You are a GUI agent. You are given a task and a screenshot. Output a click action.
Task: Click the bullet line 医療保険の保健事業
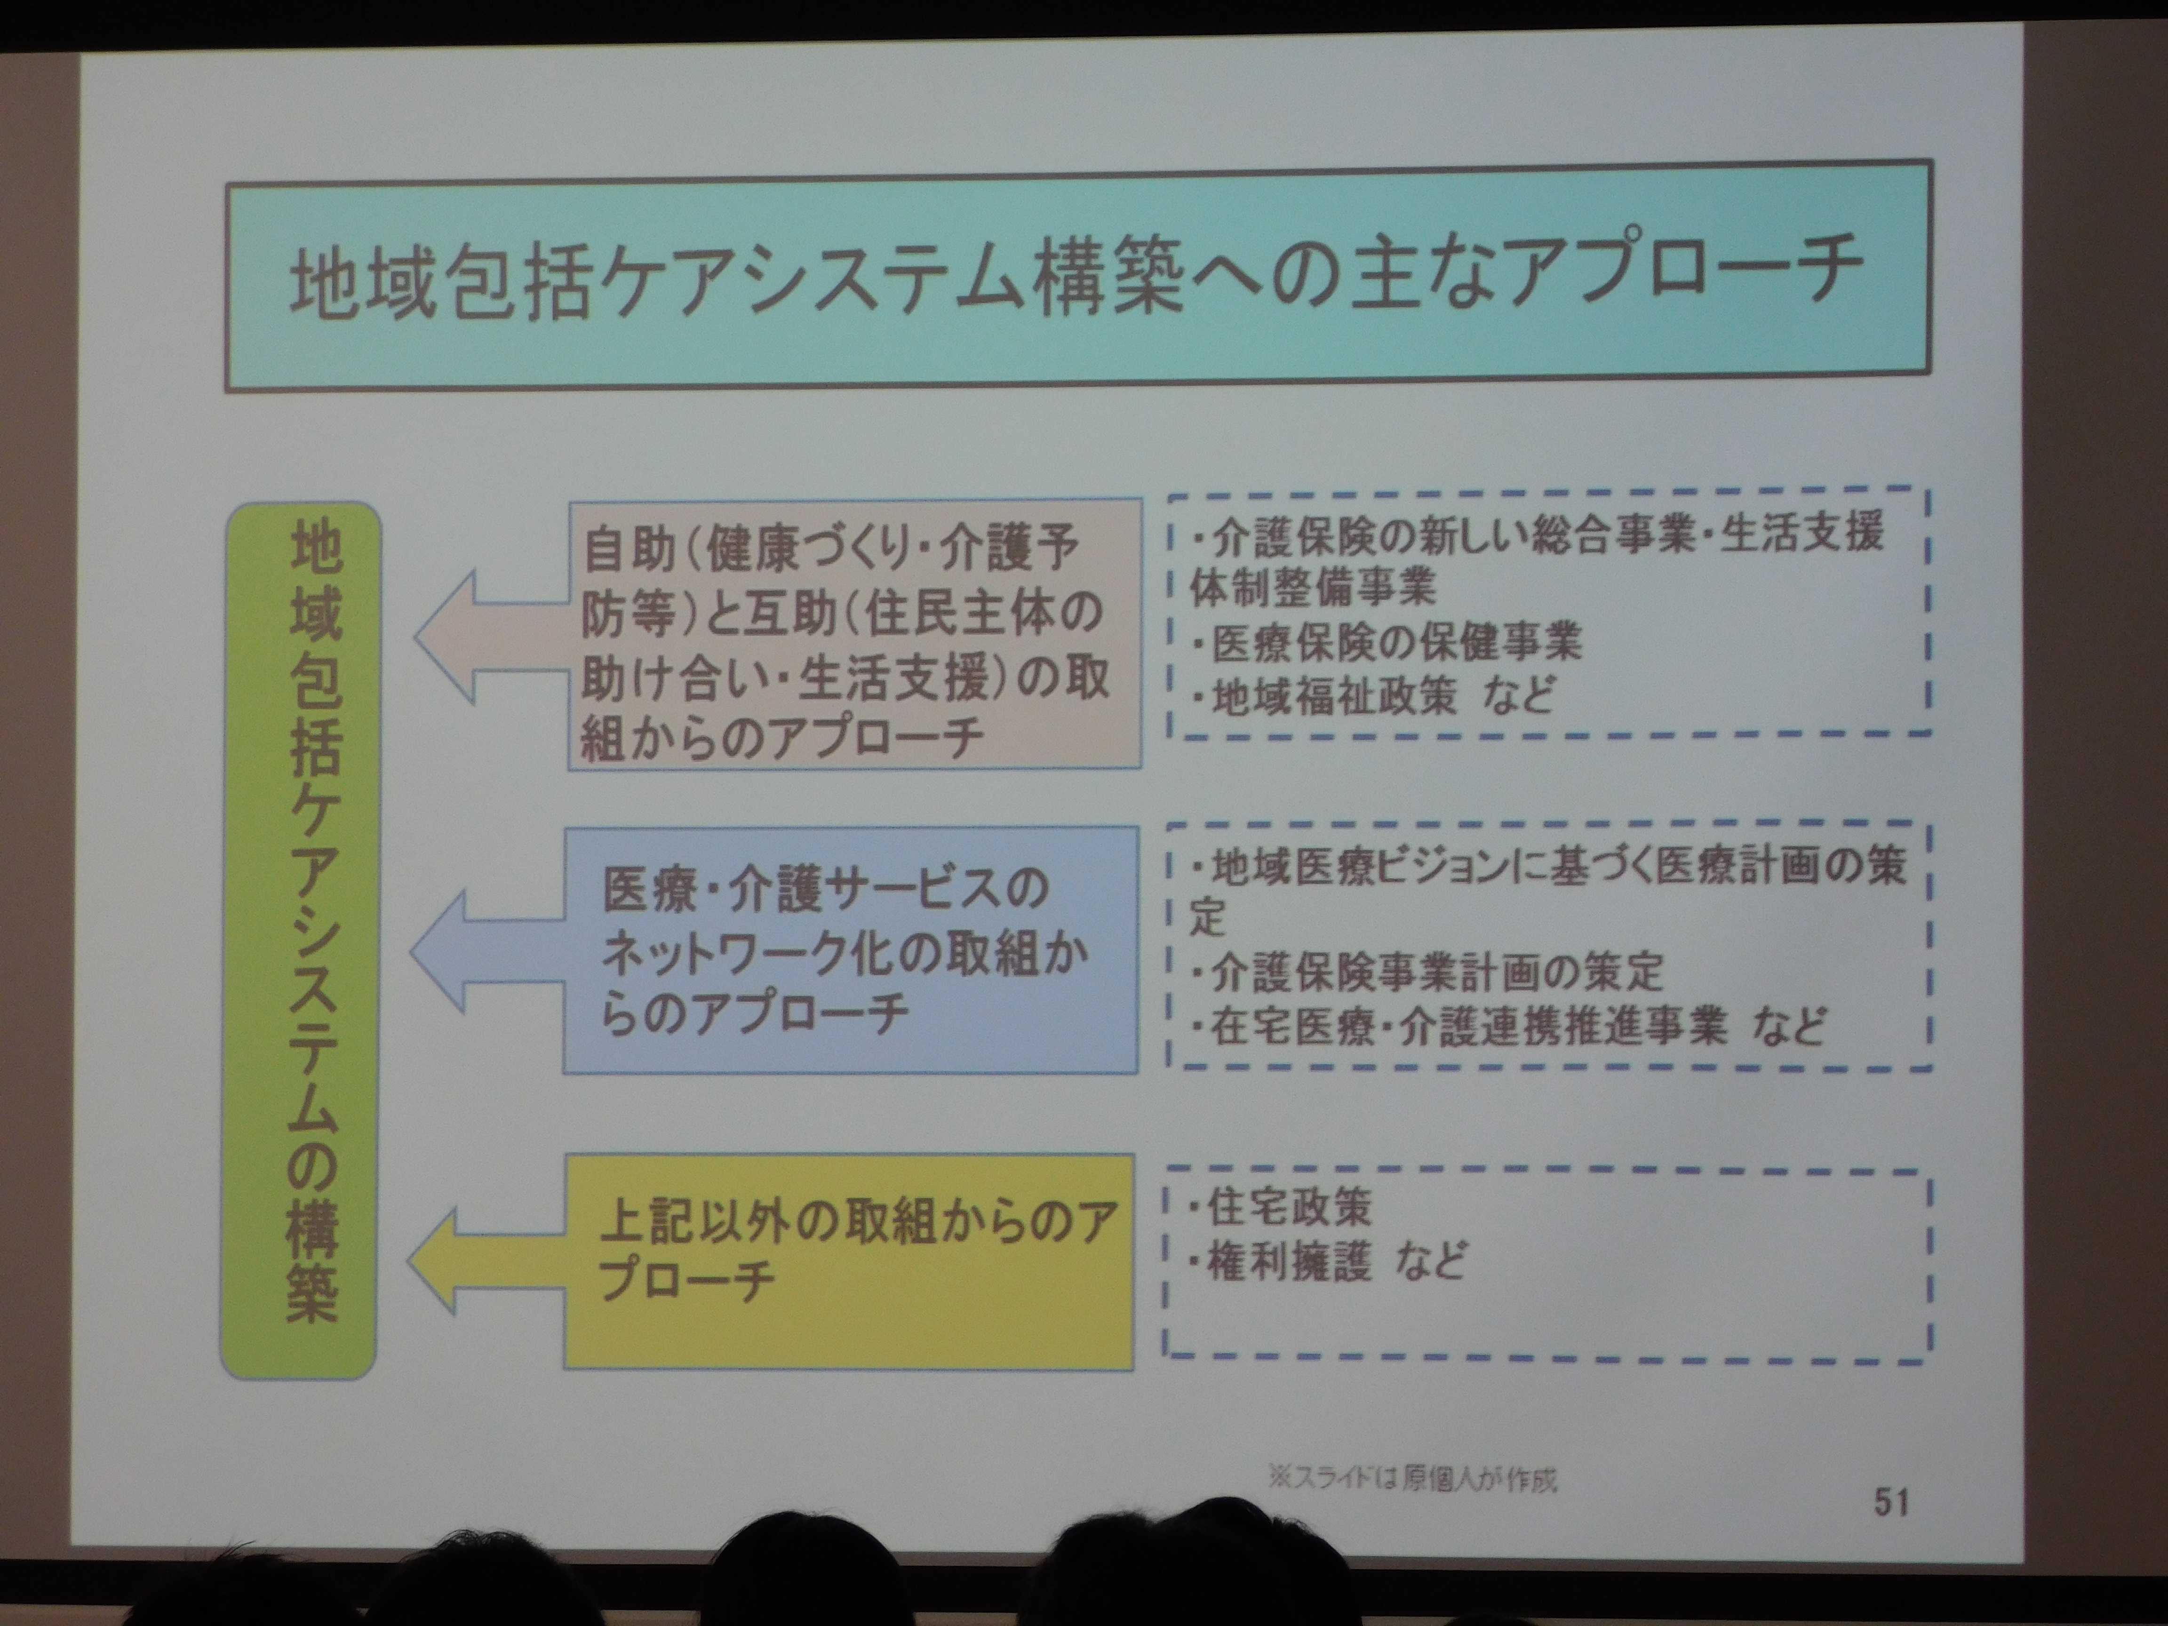pos(1387,642)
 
